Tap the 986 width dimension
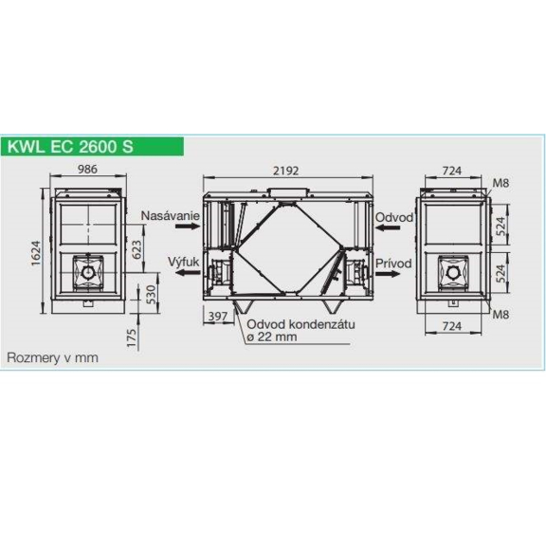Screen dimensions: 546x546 coord(91,172)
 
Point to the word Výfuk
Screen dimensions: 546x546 coord(182,259)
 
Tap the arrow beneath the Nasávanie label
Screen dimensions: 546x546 coord(184,230)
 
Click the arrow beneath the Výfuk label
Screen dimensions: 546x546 coord(184,272)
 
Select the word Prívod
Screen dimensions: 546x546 coord(393,260)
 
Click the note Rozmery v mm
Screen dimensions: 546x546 coord(53,358)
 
